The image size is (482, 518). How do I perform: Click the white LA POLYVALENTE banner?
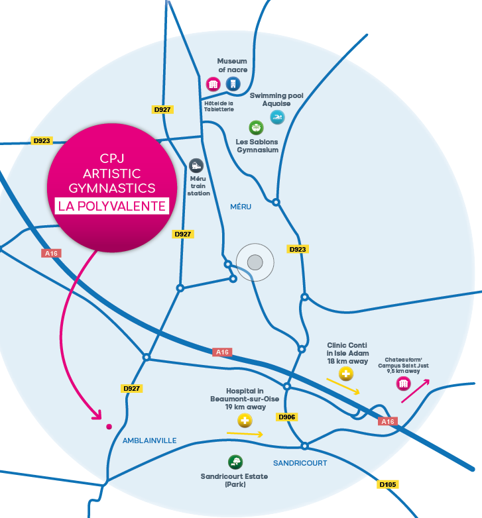[111, 205]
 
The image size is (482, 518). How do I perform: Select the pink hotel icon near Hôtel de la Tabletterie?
[213, 83]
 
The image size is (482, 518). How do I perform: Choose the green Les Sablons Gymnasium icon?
[255, 127]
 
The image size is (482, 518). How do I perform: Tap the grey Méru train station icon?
[196, 166]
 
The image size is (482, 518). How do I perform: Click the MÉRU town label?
[241, 207]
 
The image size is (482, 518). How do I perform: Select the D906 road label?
[288, 417]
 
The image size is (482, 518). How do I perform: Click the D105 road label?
[388, 485]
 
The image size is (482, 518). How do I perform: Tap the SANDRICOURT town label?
[300, 463]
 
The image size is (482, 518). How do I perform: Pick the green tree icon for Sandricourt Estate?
[235, 462]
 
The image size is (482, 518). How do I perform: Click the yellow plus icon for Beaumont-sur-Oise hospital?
[245, 421]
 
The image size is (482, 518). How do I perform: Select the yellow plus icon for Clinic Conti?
[346, 374]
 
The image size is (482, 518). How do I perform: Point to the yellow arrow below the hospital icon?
[245, 435]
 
